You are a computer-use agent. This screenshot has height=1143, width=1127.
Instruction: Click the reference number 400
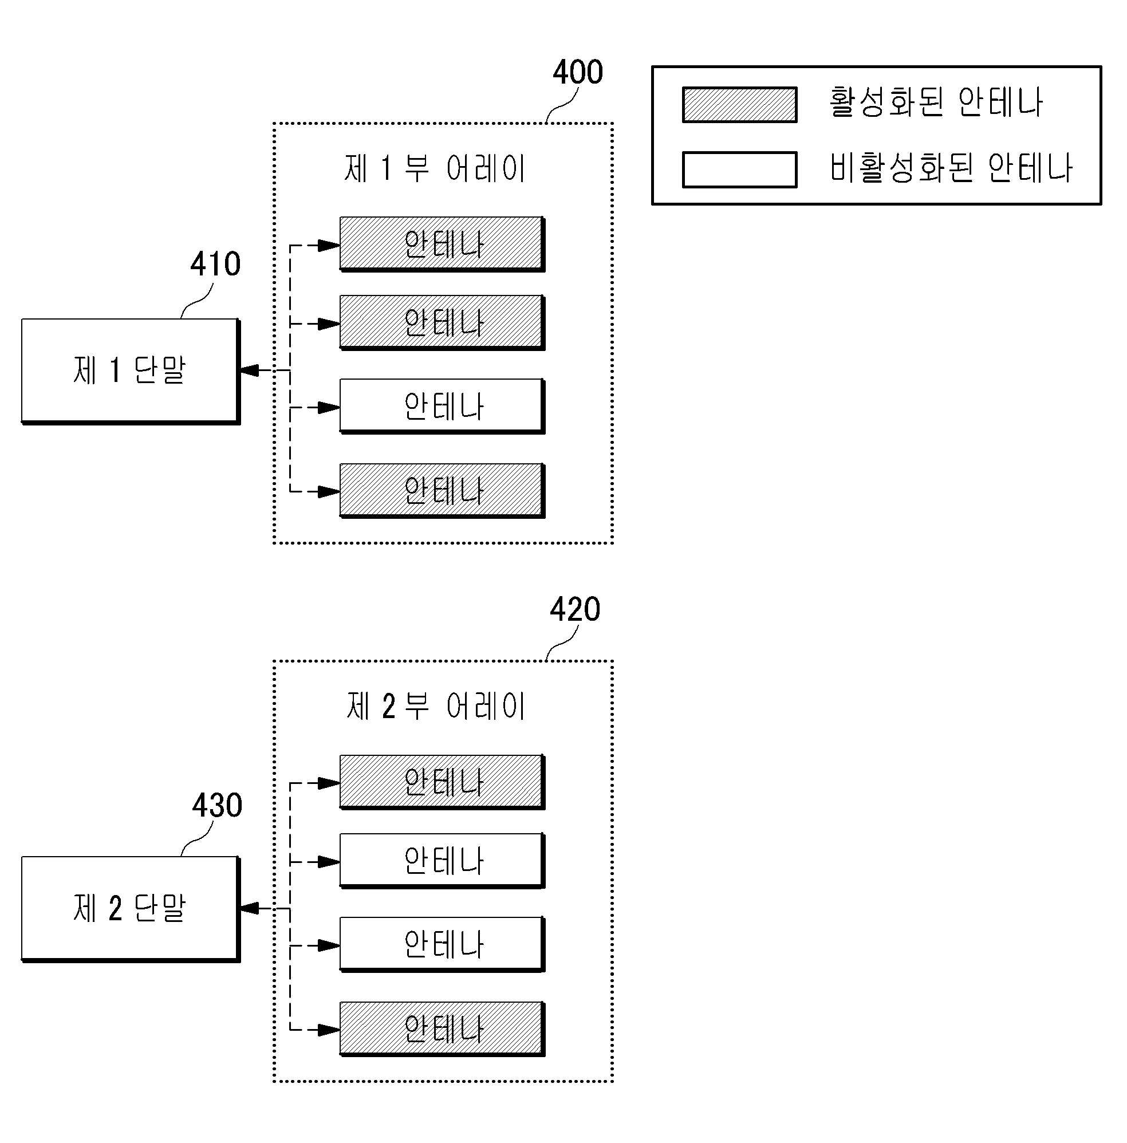[x=577, y=72]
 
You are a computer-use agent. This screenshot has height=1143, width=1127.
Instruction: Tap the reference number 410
[x=215, y=264]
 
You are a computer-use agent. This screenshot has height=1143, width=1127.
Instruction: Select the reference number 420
[x=575, y=609]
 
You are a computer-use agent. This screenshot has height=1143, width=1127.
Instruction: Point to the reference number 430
[x=217, y=805]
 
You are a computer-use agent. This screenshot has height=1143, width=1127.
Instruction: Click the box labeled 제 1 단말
[x=131, y=372]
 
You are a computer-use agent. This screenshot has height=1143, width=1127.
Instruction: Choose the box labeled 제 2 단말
[x=131, y=909]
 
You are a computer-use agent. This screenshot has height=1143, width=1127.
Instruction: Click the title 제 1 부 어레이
[x=435, y=168]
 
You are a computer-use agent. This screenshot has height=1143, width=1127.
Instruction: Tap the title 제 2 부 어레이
[x=435, y=706]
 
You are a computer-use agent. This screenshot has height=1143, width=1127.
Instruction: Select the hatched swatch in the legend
[x=739, y=105]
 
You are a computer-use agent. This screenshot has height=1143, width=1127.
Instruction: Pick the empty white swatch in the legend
[x=739, y=170]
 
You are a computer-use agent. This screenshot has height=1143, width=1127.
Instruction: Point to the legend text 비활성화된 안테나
[x=951, y=167]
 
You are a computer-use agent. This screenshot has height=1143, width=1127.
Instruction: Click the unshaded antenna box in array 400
[x=443, y=407]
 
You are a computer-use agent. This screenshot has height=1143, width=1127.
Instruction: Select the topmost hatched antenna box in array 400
[x=443, y=245]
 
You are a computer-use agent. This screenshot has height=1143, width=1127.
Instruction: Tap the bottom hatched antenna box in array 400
[x=443, y=491]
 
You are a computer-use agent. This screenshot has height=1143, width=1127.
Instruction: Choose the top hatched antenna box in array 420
[x=443, y=782]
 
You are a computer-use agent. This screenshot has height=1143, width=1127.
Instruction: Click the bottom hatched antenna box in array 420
[x=443, y=1030]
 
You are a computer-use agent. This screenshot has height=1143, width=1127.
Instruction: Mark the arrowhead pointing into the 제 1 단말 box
[x=249, y=371]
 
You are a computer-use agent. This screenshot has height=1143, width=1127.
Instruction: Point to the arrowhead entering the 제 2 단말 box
[x=249, y=908]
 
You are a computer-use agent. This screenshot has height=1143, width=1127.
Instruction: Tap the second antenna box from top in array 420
[x=443, y=861]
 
